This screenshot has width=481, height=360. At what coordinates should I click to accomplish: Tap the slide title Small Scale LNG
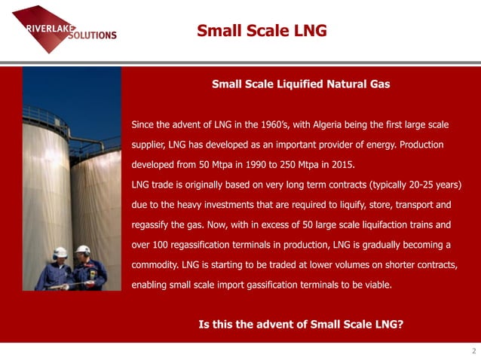click(262, 31)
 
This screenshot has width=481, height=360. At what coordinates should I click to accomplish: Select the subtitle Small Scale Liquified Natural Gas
click(301, 84)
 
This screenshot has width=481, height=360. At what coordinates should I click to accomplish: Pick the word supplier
click(149, 144)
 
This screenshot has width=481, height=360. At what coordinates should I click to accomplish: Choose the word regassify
click(153, 225)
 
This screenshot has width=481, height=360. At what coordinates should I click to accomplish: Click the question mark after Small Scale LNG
click(400, 325)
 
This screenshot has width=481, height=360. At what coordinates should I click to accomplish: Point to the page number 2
click(473, 352)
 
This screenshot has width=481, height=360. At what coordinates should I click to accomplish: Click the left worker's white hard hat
click(61, 252)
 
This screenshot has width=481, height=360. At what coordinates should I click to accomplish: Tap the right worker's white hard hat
click(83, 249)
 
